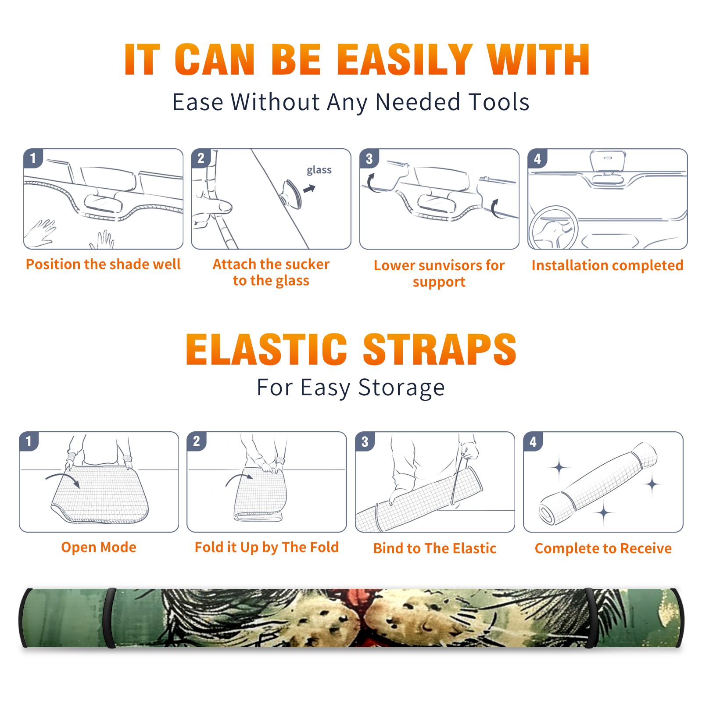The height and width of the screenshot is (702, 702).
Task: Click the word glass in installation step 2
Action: tap(319, 170)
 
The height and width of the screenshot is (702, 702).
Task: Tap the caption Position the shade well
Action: tap(103, 264)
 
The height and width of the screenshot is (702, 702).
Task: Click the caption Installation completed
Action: tap(607, 265)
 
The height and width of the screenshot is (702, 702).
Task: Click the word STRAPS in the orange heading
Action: tap(440, 349)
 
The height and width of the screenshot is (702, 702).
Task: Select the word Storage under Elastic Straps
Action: tap(401, 388)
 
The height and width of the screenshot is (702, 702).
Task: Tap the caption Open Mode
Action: tap(99, 547)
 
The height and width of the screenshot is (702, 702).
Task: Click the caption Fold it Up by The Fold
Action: tap(267, 548)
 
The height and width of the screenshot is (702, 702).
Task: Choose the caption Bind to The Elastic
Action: tap(435, 548)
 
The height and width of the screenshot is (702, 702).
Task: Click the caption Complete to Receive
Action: tap(603, 548)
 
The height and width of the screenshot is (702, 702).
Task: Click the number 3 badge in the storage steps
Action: tap(365, 441)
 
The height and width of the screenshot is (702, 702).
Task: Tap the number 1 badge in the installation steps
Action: tap(33, 158)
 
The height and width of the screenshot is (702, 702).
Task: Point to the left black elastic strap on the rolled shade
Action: tap(110, 618)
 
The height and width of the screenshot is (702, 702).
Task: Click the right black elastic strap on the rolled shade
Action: tap(590, 618)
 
